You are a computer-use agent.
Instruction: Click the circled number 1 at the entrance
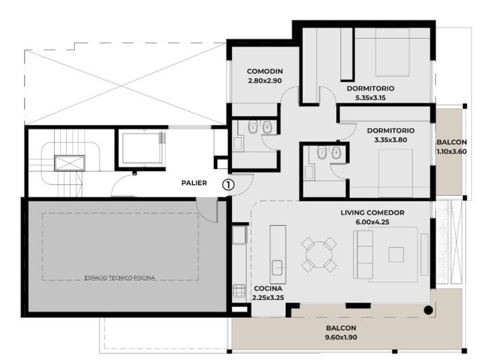(228, 185)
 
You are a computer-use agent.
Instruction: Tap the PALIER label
(194, 183)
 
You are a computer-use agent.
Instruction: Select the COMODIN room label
(265, 71)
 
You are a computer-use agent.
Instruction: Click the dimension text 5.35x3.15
(370, 98)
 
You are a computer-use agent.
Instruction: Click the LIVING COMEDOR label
(372, 213)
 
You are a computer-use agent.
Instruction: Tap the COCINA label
(268, 289)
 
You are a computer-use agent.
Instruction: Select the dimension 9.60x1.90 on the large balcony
(341, 337)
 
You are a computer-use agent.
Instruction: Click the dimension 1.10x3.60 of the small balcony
(451, 151)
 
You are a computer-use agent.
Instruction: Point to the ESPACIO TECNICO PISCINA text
(119, 278)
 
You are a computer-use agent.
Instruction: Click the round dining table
(319, 255)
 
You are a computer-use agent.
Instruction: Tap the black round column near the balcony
(428, 310)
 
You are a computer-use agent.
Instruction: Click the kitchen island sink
(278, 267)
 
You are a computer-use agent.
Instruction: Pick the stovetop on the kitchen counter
(239, 291)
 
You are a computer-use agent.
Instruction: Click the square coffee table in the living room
(396, 255)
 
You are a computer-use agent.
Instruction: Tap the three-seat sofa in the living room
(363, 255)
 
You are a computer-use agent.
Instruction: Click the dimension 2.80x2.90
(265, 81)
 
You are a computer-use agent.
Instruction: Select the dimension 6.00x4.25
(372, 222)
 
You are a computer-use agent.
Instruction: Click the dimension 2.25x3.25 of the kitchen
(268, 298)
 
